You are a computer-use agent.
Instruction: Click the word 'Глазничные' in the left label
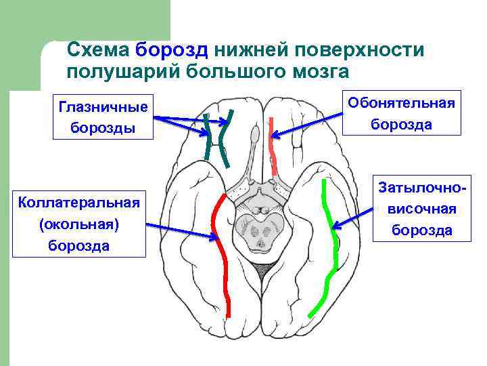tap(103, 107)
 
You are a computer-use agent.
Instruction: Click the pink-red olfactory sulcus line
tap(273, 149)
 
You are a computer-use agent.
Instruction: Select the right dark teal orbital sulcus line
tap(226, 139)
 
